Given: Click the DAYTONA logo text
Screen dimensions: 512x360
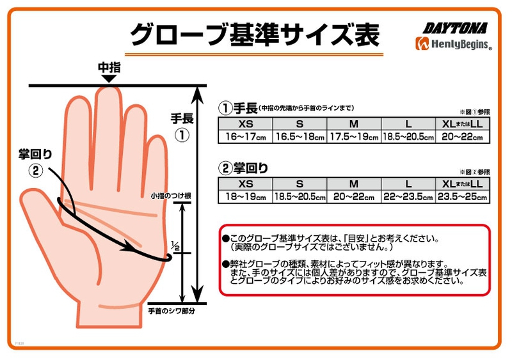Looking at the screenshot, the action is pos(455,28).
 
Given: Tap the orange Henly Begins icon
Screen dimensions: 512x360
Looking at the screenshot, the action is pos(422,43).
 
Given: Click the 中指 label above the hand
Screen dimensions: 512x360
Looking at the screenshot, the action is pos(109,68).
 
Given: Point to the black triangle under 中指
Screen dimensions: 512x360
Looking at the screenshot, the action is pos(109,79).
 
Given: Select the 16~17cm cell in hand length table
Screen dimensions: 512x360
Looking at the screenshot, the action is pos(245,137).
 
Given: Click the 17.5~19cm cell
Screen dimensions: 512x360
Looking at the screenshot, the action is pos(354,137).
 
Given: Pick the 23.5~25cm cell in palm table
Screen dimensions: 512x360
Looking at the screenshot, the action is pos(462,197).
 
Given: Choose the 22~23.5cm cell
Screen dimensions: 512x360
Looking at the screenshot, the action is pos(408,197).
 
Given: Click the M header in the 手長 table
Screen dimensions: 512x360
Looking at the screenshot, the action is pos(354,123).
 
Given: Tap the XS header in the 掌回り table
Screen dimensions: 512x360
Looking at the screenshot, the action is pos(245,184).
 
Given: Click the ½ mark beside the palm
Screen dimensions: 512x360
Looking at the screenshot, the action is pos(175,246).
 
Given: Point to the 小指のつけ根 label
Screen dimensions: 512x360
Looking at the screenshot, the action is pos(171,196).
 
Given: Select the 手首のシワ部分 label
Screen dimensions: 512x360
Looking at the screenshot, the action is pos(172,311).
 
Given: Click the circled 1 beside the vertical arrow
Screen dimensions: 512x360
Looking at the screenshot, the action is pos(182,135).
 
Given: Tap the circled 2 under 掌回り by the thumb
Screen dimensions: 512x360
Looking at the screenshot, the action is pos(36,170).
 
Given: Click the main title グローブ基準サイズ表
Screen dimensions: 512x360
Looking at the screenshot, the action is pos(255,35).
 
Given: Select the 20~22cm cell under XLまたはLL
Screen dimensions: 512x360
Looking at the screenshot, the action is pos(462,137).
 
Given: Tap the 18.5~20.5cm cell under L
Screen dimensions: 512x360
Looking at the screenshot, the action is pos(408,137).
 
